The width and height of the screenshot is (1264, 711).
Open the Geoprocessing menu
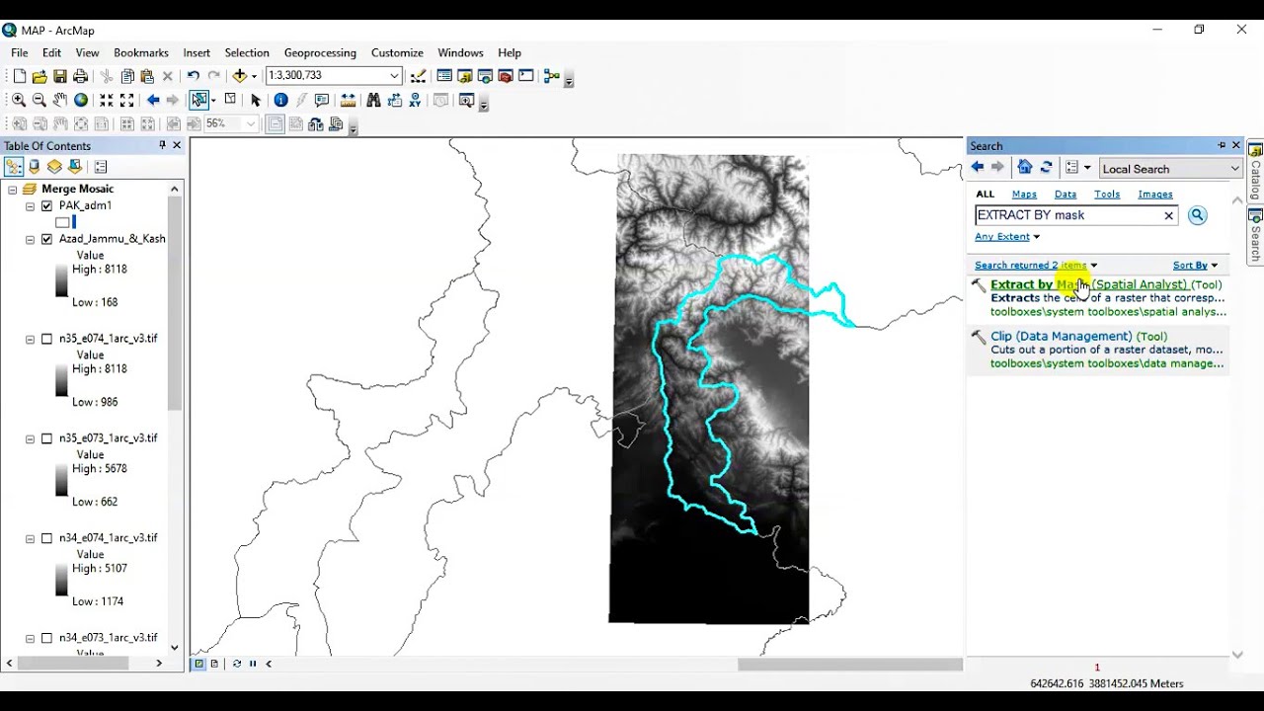320,52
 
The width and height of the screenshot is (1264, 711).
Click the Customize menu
397,52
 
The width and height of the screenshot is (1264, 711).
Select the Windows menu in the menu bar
460,52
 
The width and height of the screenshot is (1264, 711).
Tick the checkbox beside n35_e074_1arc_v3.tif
46,339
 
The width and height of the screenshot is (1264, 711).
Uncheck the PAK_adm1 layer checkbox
46,205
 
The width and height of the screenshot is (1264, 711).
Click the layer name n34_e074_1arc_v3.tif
108,538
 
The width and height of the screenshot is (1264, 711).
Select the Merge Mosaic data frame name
77,189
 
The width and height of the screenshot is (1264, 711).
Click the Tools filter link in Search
1107,195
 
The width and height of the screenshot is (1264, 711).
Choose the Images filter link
1154,195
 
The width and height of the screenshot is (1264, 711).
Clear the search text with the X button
1168,215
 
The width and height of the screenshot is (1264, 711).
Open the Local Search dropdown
1169,169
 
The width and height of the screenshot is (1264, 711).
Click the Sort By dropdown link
1194,266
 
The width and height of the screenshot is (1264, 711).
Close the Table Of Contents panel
177,145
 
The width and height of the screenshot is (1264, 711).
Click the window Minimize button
1155,30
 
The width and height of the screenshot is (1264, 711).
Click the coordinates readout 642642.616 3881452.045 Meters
1106,683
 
